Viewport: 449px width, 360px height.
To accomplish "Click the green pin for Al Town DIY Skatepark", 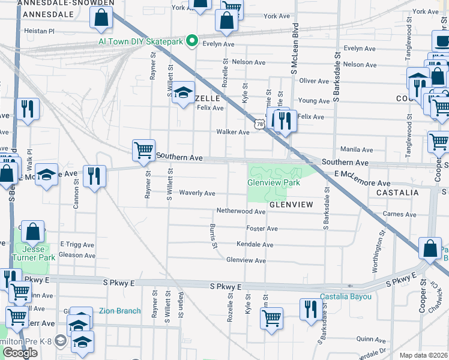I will (x=192, y=41).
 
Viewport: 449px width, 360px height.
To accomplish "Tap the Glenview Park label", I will (x=274, y=182).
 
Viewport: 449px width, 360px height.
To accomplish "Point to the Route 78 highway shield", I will (x=259, y=124).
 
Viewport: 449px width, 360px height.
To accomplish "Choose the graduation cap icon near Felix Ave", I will (x=183, y=94).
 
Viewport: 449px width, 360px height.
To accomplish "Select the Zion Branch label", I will (x=119, y=311).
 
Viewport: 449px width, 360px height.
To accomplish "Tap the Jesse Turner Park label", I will (x=38, y=253).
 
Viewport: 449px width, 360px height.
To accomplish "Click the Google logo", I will (x=20, y=353).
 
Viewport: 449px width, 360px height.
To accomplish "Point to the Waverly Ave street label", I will (x=197, y=193).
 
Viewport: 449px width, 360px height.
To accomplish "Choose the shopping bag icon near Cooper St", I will (x=430, y=248).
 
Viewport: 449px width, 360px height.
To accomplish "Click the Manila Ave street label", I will (x=357, y=149).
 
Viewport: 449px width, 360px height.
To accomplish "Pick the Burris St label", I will (x=213, y=236).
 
